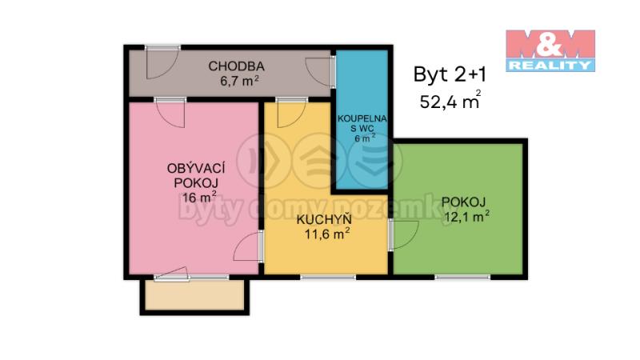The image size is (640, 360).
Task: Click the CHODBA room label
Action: click(x=236, y=66)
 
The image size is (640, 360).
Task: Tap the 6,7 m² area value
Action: click(x=239, y=82)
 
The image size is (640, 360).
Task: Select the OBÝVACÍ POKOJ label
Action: click(x=196, y=175)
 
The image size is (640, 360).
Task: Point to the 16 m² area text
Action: click(x=199, y=198)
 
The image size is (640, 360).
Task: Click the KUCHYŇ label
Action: click(x=324, y=219)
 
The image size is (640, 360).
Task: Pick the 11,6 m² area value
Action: click(x=327, y=234)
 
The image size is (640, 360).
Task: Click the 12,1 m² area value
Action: click(x=467, y=217)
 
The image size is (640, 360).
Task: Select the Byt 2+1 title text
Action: click(x=450, y=74)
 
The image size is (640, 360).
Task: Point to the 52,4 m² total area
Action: click(x=450, y=101)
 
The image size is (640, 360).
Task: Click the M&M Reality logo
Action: click(x=550, y=50)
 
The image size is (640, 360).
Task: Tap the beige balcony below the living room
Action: click(x=194, y=295)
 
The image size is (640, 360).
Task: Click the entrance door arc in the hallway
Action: click(x=162, y=62)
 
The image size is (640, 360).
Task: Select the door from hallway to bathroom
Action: click(x=321, y=72)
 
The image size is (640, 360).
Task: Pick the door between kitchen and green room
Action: click(x=403, y=234)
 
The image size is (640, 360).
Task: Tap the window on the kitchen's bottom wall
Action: click(x=328, y=278)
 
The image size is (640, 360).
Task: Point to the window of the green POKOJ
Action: click(x=462, y=278)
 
